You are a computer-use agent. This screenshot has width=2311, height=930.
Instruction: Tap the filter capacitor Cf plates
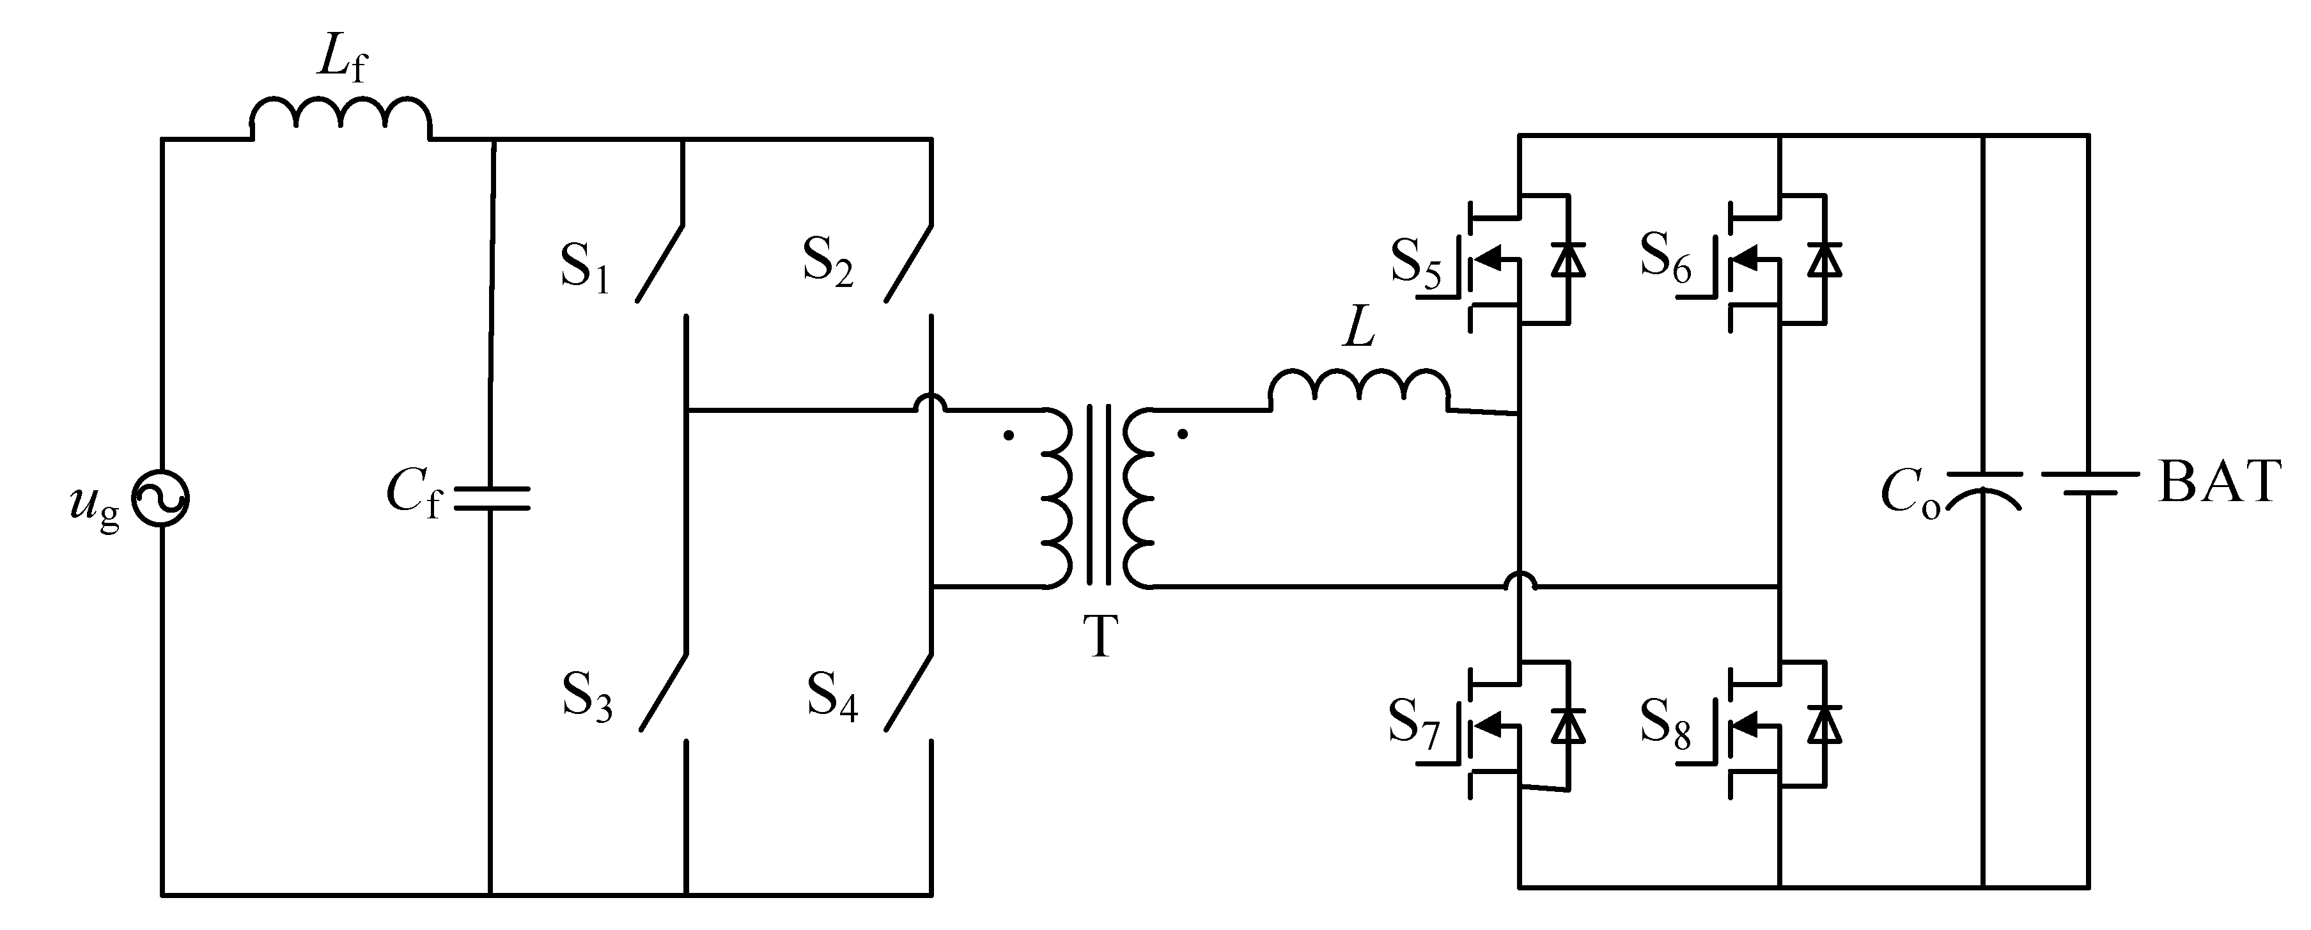[492, 499]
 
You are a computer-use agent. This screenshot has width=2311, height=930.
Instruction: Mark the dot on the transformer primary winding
[1008, 436]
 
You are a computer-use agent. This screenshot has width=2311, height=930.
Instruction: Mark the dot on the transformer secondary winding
[1183, 435]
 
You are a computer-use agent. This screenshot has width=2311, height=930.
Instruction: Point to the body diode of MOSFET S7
[1568, 725]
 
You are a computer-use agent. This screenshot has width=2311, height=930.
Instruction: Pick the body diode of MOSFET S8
[1825, 725]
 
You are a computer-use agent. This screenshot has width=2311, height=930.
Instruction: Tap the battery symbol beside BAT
[2089, 484]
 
